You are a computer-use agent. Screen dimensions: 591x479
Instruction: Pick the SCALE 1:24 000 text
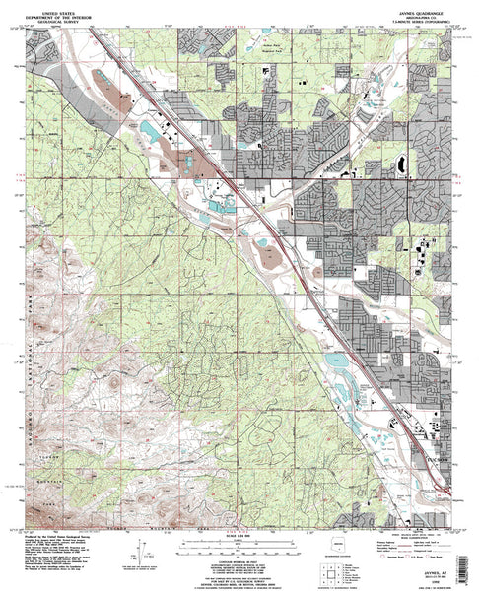(239, 535)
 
